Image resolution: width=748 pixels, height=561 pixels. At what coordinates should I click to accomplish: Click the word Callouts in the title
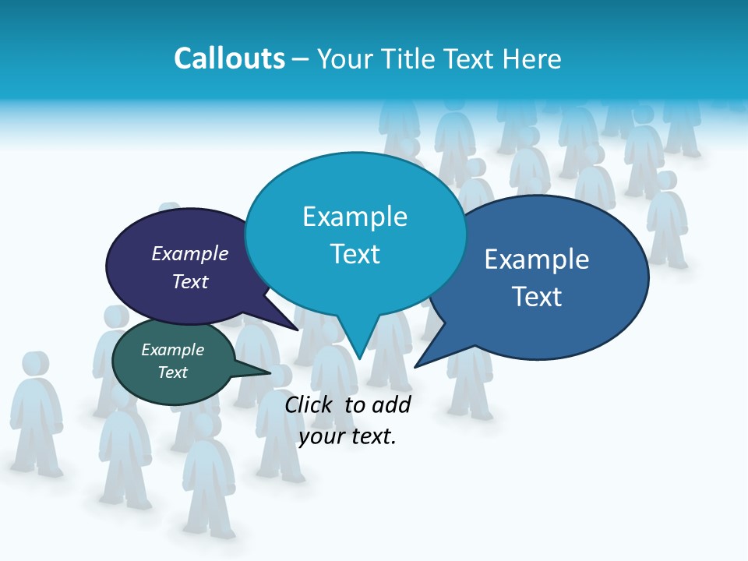coord(229,58)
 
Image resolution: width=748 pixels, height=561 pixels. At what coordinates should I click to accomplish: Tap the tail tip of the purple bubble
coord(297,329)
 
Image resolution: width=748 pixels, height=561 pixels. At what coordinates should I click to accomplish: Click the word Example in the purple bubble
coord(190,253)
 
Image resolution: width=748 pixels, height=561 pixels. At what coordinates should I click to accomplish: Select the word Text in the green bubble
coord(173,372)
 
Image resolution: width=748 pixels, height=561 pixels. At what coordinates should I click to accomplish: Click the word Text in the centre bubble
coord(355,254)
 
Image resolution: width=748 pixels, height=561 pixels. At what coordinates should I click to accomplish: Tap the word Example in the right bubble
coord(537,259)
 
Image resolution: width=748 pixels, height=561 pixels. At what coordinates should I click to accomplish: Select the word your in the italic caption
coord(322,436)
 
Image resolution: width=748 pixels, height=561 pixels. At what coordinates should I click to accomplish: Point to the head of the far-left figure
coord(34,365)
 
